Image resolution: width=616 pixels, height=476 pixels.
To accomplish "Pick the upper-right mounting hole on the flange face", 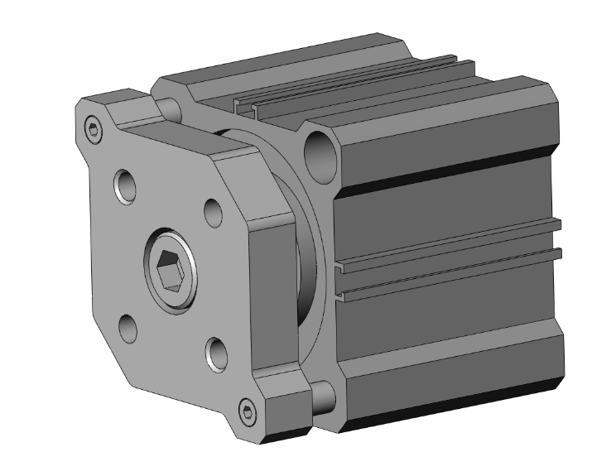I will pyautogui.click(x=213, y=212).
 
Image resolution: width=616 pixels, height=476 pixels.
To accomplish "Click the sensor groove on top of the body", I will pyautogui.click(x=348, y=91).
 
